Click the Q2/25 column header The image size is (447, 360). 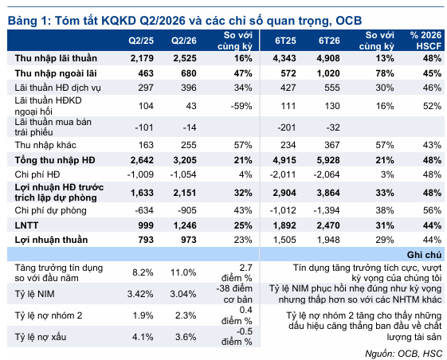tap(141, 41)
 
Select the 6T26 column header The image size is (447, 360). tap(329, 41)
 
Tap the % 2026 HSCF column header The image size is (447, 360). tap(426, 41)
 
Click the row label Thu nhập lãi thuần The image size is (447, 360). tap(56, 58)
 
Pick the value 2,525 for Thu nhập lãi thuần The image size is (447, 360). tap(185, 58)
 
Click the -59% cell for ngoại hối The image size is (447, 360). tap(241, 106)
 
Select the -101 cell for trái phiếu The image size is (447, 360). tap(144, 127)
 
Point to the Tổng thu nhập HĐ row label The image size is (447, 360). tap(55, 160)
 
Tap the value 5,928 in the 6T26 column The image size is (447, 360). tap(328, 160)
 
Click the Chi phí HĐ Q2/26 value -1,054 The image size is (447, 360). tap(183, 174)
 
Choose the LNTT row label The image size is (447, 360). tap(26, 225)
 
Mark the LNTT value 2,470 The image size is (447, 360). tap(328, 225)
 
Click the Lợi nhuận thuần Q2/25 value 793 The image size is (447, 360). tap(146, 240)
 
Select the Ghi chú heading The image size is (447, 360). tap(424, 255)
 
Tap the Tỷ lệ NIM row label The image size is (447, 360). tap(34, 294)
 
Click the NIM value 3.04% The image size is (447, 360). tap(183, 294)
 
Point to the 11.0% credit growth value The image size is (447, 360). tap(183, 272)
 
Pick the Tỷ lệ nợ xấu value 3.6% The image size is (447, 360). tap(186, 337)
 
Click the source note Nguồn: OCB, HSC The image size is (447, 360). tap(403, 354)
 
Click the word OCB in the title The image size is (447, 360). tap(349, 21)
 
